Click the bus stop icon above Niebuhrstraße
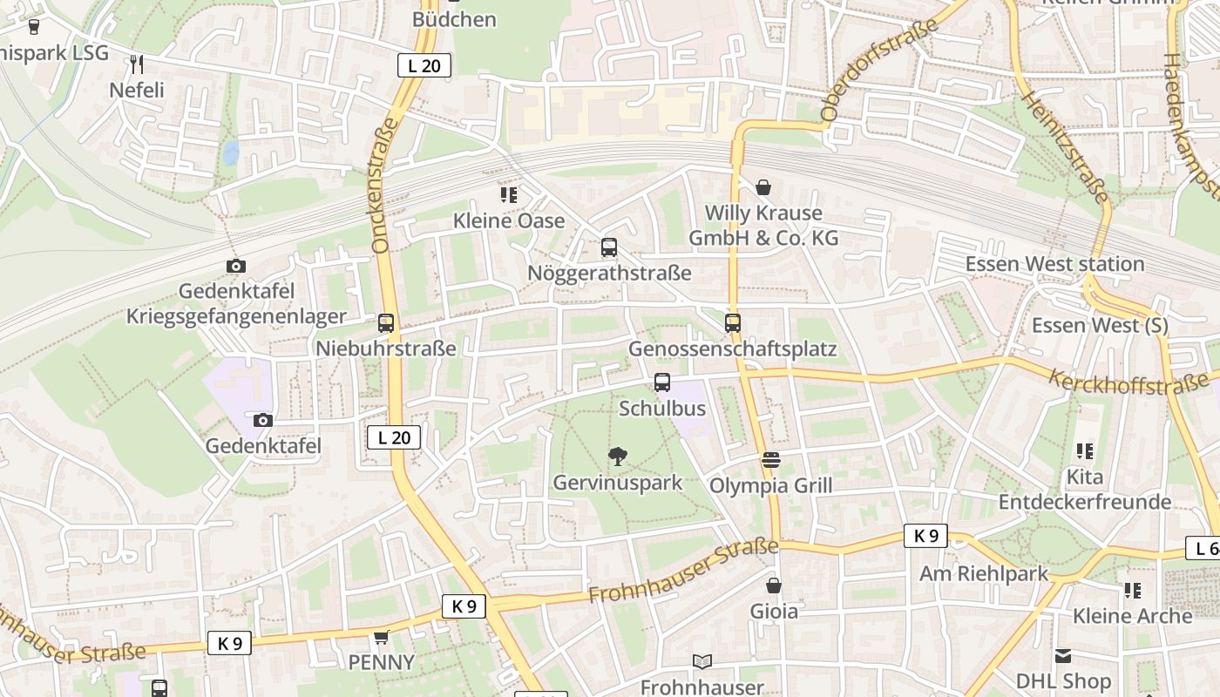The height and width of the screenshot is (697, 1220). pyautogui.click(x=386, y=323)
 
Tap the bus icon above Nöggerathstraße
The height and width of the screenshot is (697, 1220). pyautogui.click(x=609, y=247)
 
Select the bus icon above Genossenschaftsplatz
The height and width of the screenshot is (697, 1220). pyautogui.click(x=733, y=323)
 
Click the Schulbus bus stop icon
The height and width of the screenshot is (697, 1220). pyautogui.click(x=662, y=382)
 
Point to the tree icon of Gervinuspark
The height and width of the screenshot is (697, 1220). pyautogui.click(x=618, y=456)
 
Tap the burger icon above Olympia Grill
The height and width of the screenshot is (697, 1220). pyautogui.click(x=771, y=459)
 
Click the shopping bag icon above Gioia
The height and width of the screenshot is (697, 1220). pyautogui.click(x=774, y=585)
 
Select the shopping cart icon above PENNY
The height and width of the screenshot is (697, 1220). pyautogui.click(x=381, y=638)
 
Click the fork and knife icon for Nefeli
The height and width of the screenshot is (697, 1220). pyautogui.click(x=136, y=64)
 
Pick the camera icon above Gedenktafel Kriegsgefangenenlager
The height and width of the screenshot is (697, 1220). pyautogui.click(x=236, y=266)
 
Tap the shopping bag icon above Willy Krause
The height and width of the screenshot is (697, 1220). pyautogui.click(x=763, y=187)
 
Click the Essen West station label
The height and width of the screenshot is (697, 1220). pyautogui.click(x=1054, y=264)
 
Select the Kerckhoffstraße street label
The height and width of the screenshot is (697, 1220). pyautogui.click(x=1128, y=381)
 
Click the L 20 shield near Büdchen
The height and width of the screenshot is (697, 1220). pyautogui.click(x=424, y=65)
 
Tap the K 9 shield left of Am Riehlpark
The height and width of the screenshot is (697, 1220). pyautogui.click(x=925, y=536)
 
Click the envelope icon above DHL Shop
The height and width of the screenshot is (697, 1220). pyautogui.click(x=1063, y=656)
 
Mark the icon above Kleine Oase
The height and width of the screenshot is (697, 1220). pyautogui.click(x=509, y=195)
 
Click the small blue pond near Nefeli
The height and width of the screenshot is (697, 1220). pyautogui.click(x=231, y=153)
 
